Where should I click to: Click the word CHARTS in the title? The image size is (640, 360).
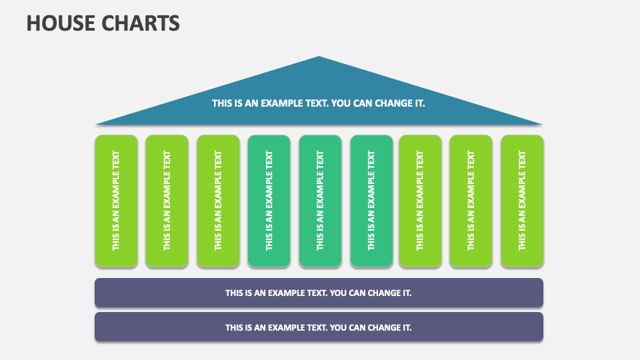pyautogui.click(x=140, y=23)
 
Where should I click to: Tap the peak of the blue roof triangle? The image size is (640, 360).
pyautogui.click(x=319, y=58)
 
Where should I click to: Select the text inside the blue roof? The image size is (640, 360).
pyautogui.click(x=319, y=103)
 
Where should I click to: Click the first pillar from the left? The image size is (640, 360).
pyautogui.click(x=116, y=201)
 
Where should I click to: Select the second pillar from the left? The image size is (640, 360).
pyautogui.click(x=167, y=201)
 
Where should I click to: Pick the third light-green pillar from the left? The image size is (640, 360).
pyautogui.click(x=218, y=201)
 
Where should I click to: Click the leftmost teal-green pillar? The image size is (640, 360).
pyautogui.click(x=269, y=201)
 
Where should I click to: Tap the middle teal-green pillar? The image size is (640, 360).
pyautogui.click(x=320, y=201)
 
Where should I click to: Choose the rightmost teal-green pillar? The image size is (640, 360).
pyautogui.click(x=371, y=201)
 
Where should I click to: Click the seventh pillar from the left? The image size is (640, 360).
pyautogui.click(x=420, y=201)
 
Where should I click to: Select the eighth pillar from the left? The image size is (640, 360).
pyautogui.click(x=471, y=201)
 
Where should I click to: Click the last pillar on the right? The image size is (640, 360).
pyautogui.click(x=522, y=201)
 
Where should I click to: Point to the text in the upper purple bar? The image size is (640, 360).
pyautogui.click(x=319, y=293)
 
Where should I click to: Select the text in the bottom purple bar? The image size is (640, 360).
pyautogui.click(x=319, y=327)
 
